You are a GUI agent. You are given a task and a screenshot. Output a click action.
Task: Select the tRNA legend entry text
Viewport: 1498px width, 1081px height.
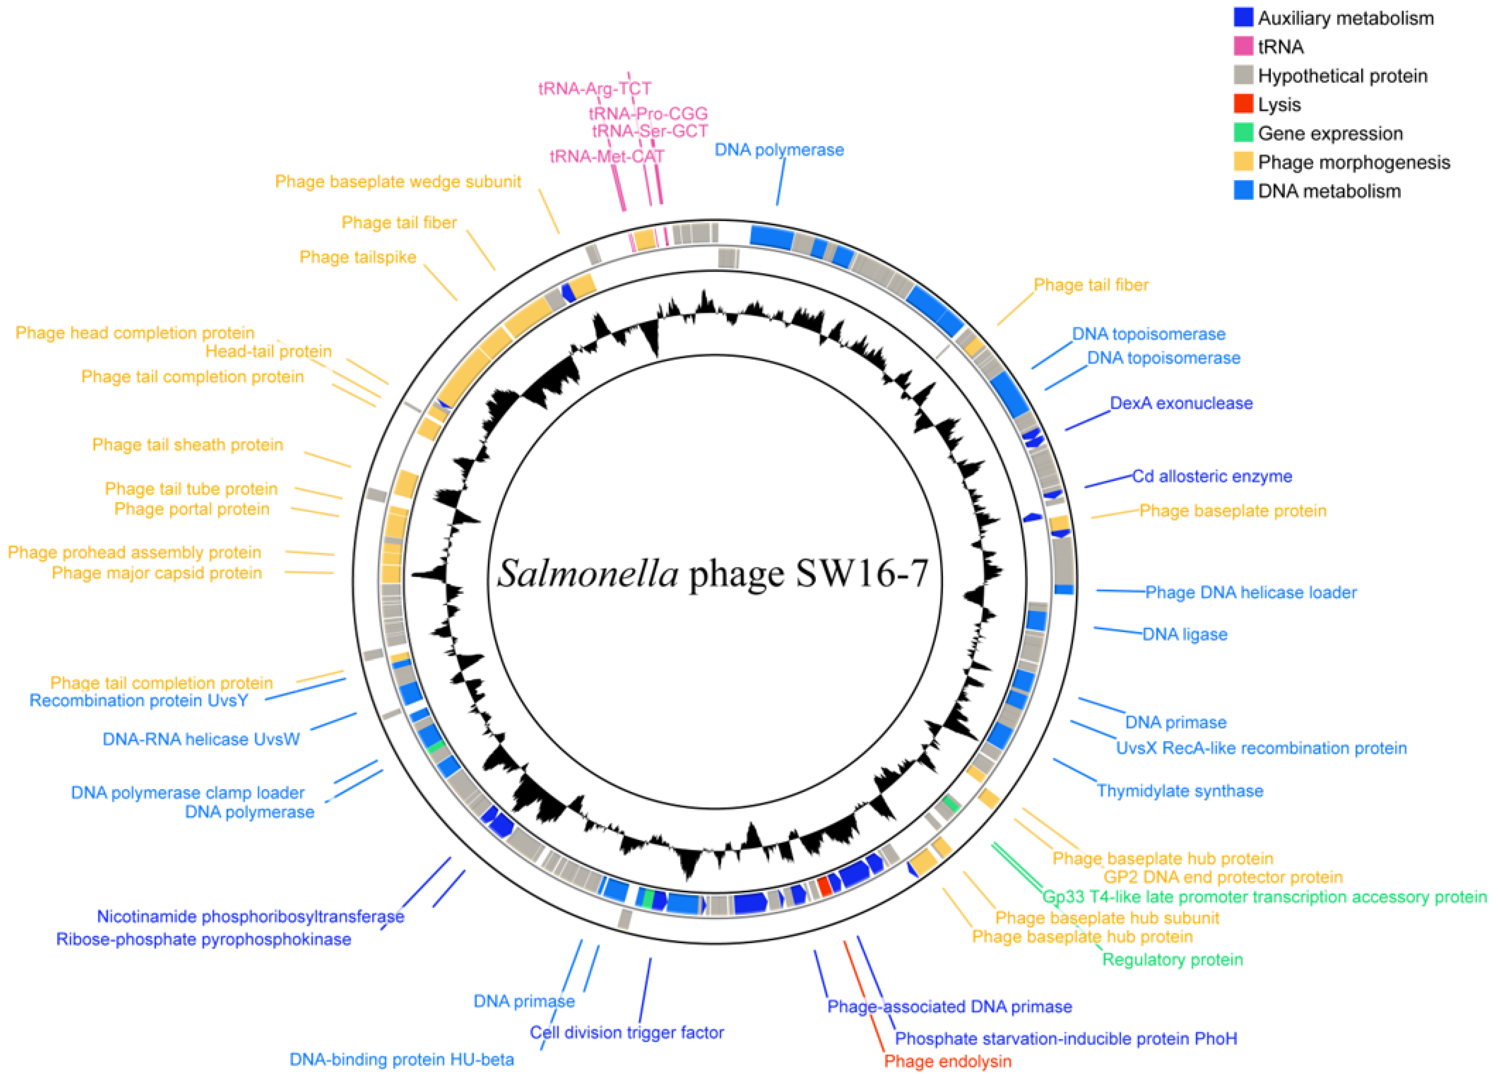1281,47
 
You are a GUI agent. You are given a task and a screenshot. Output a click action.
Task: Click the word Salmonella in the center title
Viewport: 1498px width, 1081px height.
588,573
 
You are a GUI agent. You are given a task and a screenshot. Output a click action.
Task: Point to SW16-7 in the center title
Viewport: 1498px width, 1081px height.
861,573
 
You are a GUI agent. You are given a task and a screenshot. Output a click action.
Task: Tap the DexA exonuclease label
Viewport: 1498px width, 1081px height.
1181,403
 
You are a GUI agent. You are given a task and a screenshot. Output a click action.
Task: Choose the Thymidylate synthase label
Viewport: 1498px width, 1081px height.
1180,791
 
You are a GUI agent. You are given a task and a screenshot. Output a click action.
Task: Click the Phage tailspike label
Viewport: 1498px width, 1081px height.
357,257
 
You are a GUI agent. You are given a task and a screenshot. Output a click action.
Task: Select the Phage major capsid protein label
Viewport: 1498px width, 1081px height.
157,573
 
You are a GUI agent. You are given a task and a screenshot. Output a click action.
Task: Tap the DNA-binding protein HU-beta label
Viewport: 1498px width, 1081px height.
402,1059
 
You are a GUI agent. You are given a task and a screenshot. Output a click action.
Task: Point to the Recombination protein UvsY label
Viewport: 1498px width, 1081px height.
139,700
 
